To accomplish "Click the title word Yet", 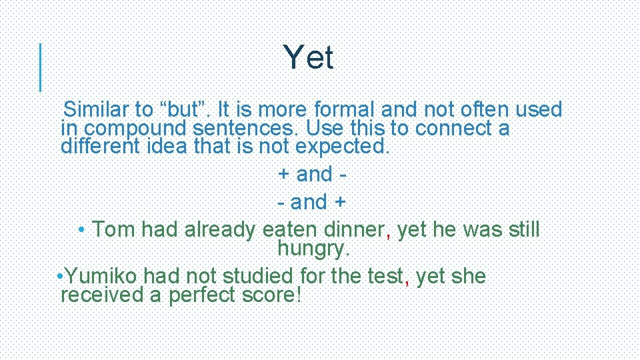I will click(308, 58).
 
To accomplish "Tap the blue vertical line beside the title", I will click(41, 67).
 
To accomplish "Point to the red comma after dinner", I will click(389, 233).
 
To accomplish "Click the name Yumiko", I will click(103, 276).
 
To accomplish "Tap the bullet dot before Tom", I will click(81, 230).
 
